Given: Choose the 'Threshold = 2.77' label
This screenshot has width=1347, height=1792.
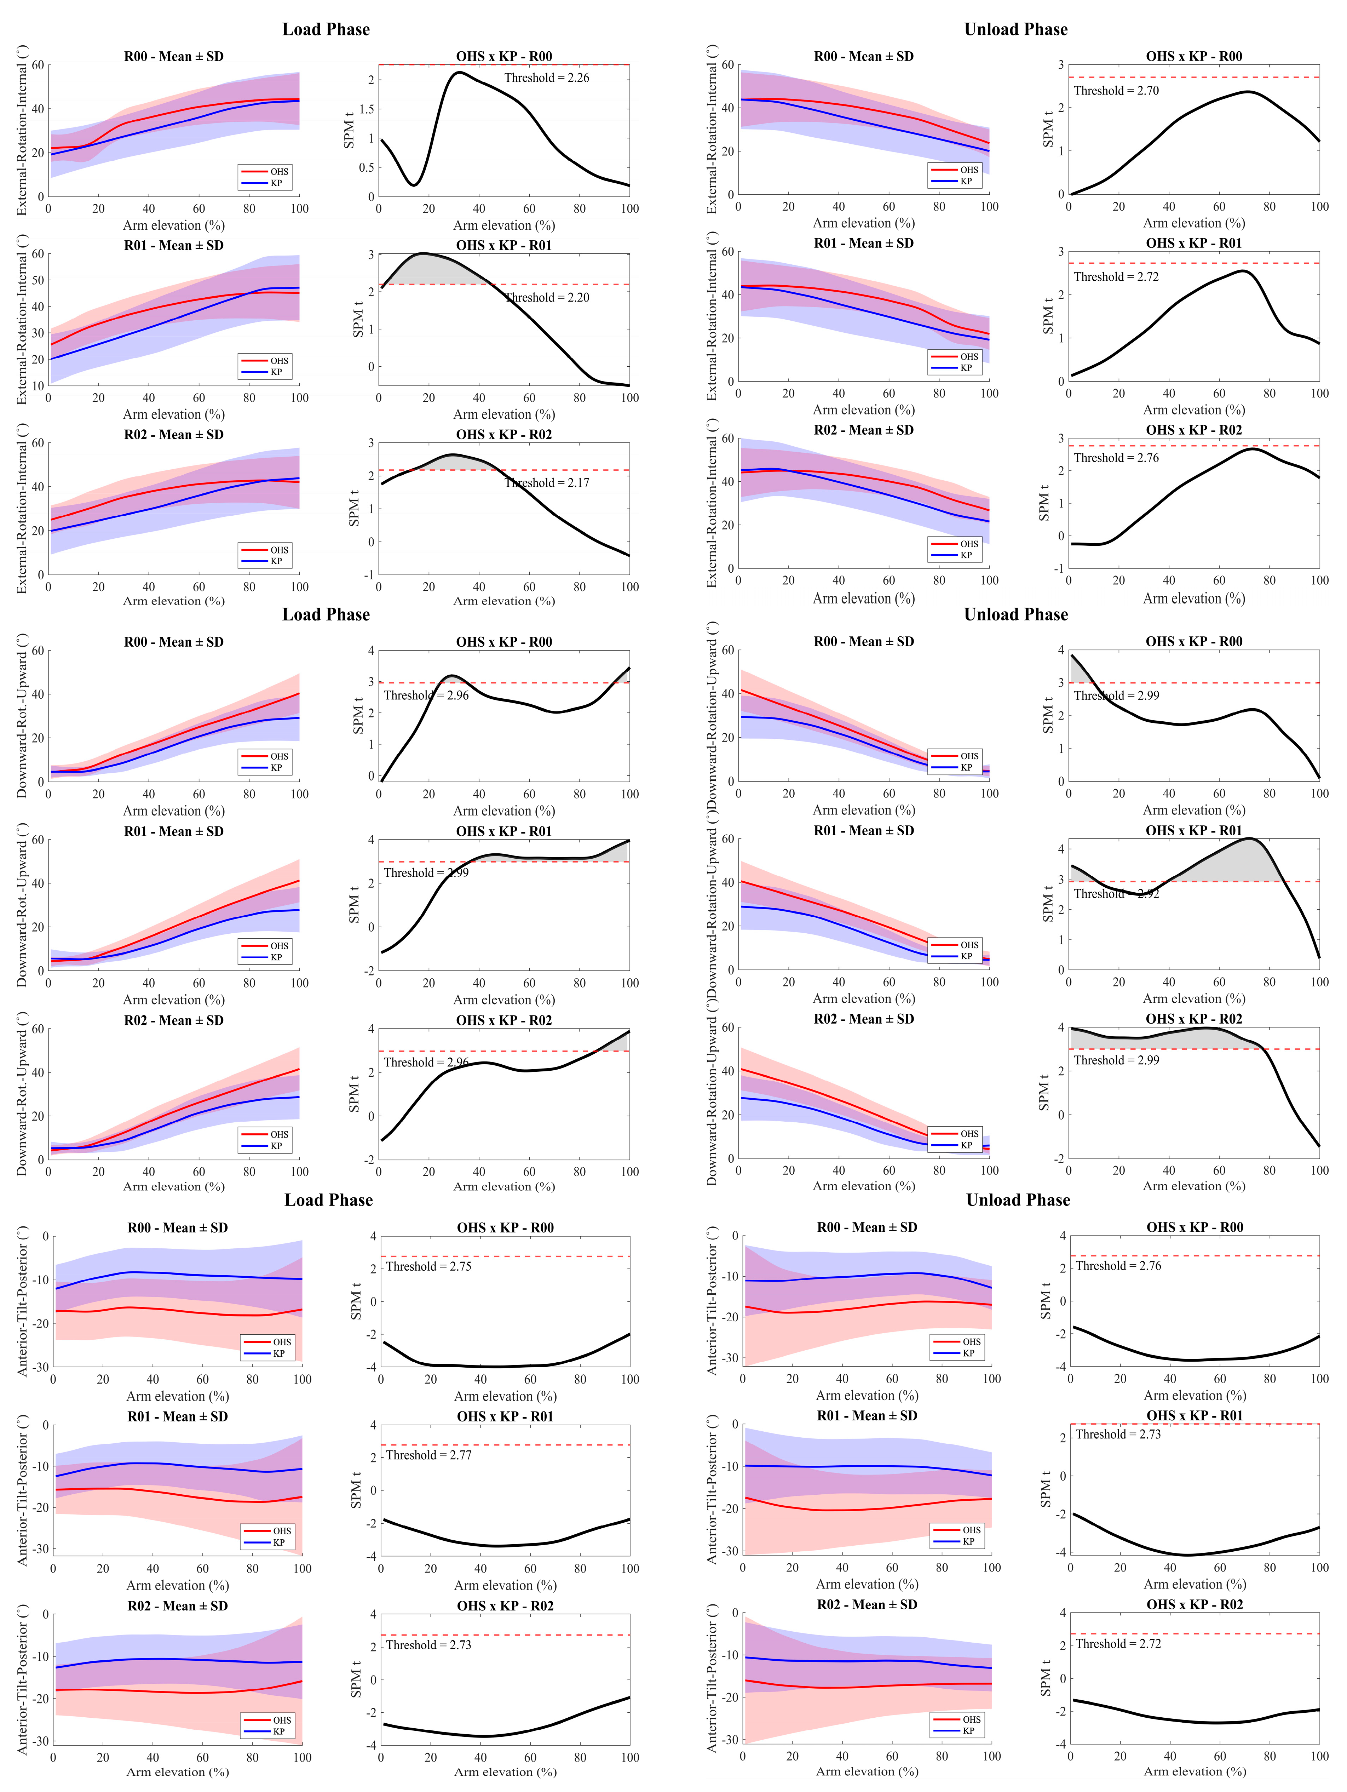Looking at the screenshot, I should (x=428, y=1455).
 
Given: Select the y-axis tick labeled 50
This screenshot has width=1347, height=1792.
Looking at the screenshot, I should (x=37, y=280).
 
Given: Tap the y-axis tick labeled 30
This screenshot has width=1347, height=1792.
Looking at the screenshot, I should (x=37, y=333).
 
